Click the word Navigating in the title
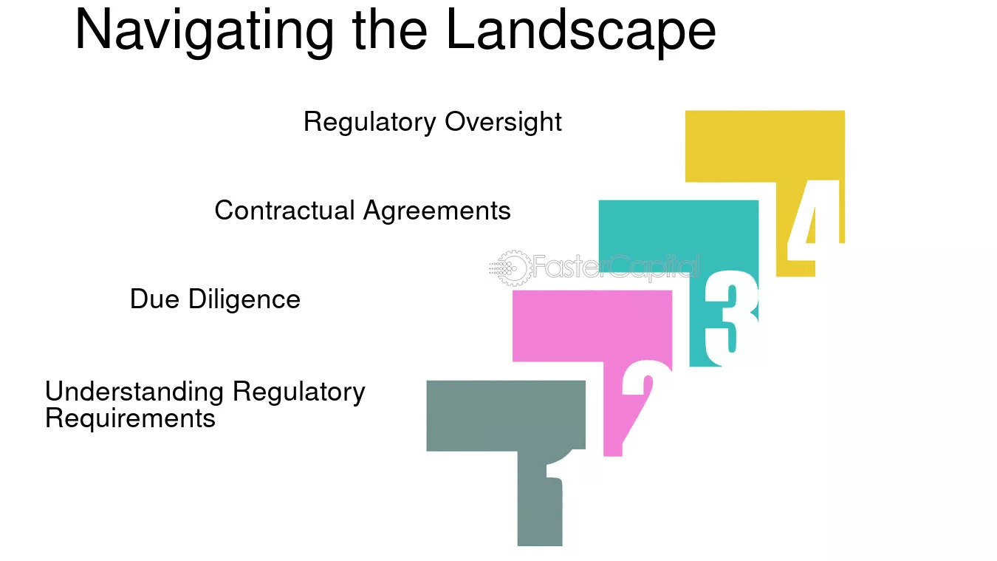coord(204,32)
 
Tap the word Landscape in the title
coord(580,32)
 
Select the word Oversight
coord(504,122)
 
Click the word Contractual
coord(285,211)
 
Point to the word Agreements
coord(437,211)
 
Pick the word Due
coord(155,299)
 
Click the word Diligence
coord(244,299)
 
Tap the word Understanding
coord(134,392)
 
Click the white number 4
coord(814,220)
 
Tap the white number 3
coord(731,318)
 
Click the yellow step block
coord(764,147)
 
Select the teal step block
coord(678,237)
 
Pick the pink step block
coord(592,326)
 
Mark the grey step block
coord(506,416)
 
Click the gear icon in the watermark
coord(512,268)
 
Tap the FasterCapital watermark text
coord(616,267)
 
